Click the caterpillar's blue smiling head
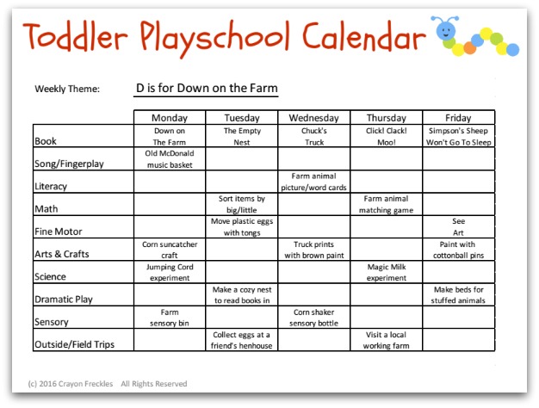pyautogui.click(x=446, y=31)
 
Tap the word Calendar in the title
pyautogui.click(x=363, y=36)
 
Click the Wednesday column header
pyautogui.click(x=314, y=118)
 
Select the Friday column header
pyautogui.click(x=458, y=118)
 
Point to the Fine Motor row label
pyautogui.click(x=58, y=232)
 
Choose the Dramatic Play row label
pyautogui.click(x=64, y=300)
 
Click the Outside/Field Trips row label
pyautogui.click(x=74, y=344)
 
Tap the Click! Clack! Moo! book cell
pyautogui.click(x=387, y=137)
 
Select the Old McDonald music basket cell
pyautogui.click(x=170, y=159)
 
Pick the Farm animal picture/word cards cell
pyautogui.click(x=313, y=182)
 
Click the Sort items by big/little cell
pyautogui.click(x=242, y=205)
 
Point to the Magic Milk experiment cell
pyautogui.click(x=387, y=272)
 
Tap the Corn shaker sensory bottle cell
pyautogui.click(x=314, y=318)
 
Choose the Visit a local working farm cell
pyautogui.click(x=386, y=340)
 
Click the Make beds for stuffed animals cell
pyautogui.click(x=458, y=295)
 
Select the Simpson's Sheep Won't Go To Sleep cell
pyautogui.click(x=459, y=137)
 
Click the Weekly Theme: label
pyautogui.click(x=67, y=89)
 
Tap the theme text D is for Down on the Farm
pyautogui.click(x=207, y=88)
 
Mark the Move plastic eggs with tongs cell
pyautogui.click(x=242, y=227)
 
